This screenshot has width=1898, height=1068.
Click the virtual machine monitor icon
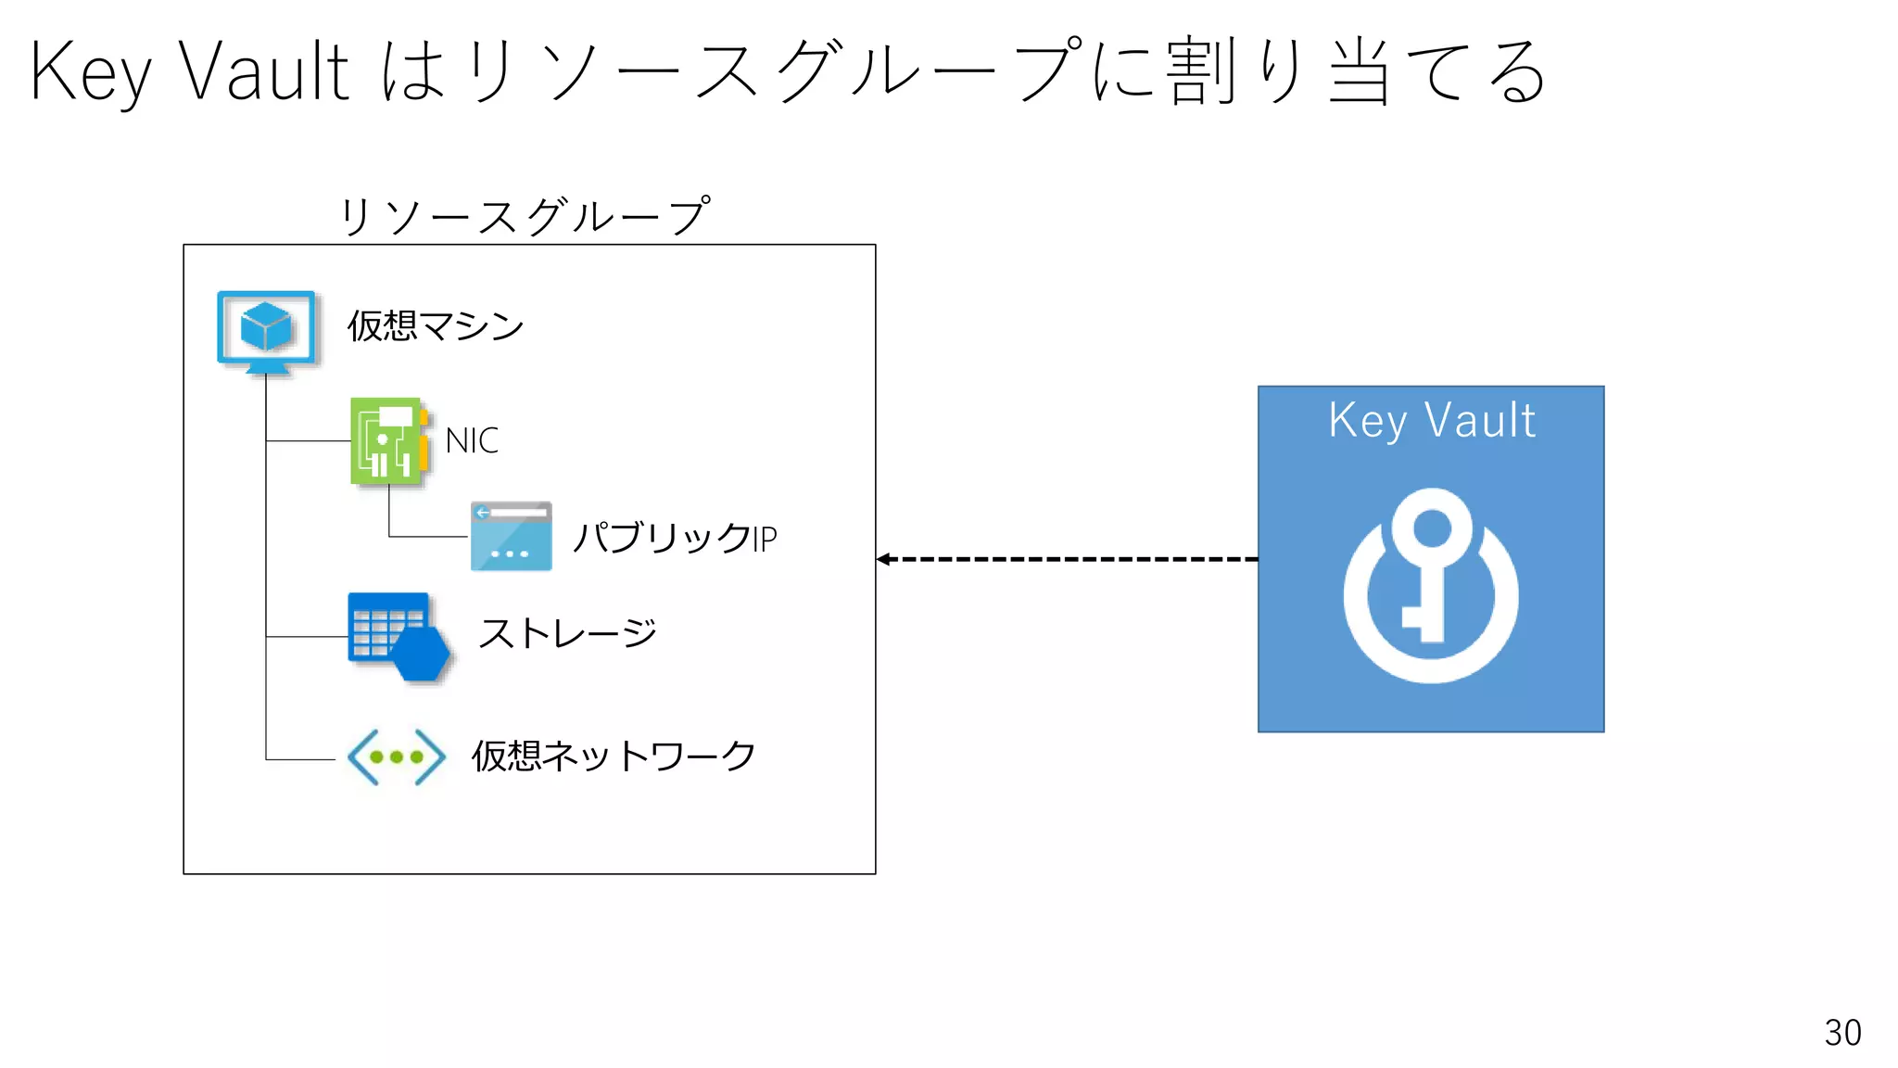(x=267, y=332)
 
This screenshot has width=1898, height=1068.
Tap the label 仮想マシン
(x=435, y=326)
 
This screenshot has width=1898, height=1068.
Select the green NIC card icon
(x=388, y=441)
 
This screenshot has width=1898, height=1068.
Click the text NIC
(x=472, y=441)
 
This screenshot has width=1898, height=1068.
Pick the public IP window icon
(x=511, y=536)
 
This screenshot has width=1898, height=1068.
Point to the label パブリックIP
(x=674, y=538)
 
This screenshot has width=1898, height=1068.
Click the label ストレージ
(x=567, y=634)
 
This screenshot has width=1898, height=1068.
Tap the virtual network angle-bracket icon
(x=397, y=757)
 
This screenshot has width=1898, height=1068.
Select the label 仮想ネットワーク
(x=614, y=756)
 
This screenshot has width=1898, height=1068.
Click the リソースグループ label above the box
(x=525, y=216)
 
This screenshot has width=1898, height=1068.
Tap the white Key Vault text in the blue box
(x=1432, y=421)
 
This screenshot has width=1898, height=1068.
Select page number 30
(x=1842, y=1033)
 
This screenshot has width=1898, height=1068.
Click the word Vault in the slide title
(x=264, y=72)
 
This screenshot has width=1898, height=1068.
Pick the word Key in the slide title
(x=90, y=72)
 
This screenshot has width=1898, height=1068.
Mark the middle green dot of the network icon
(x=397, y=757)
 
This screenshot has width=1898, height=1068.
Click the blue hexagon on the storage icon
(x=422, y=653)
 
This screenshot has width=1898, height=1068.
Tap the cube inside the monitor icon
(x=266, y=326)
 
